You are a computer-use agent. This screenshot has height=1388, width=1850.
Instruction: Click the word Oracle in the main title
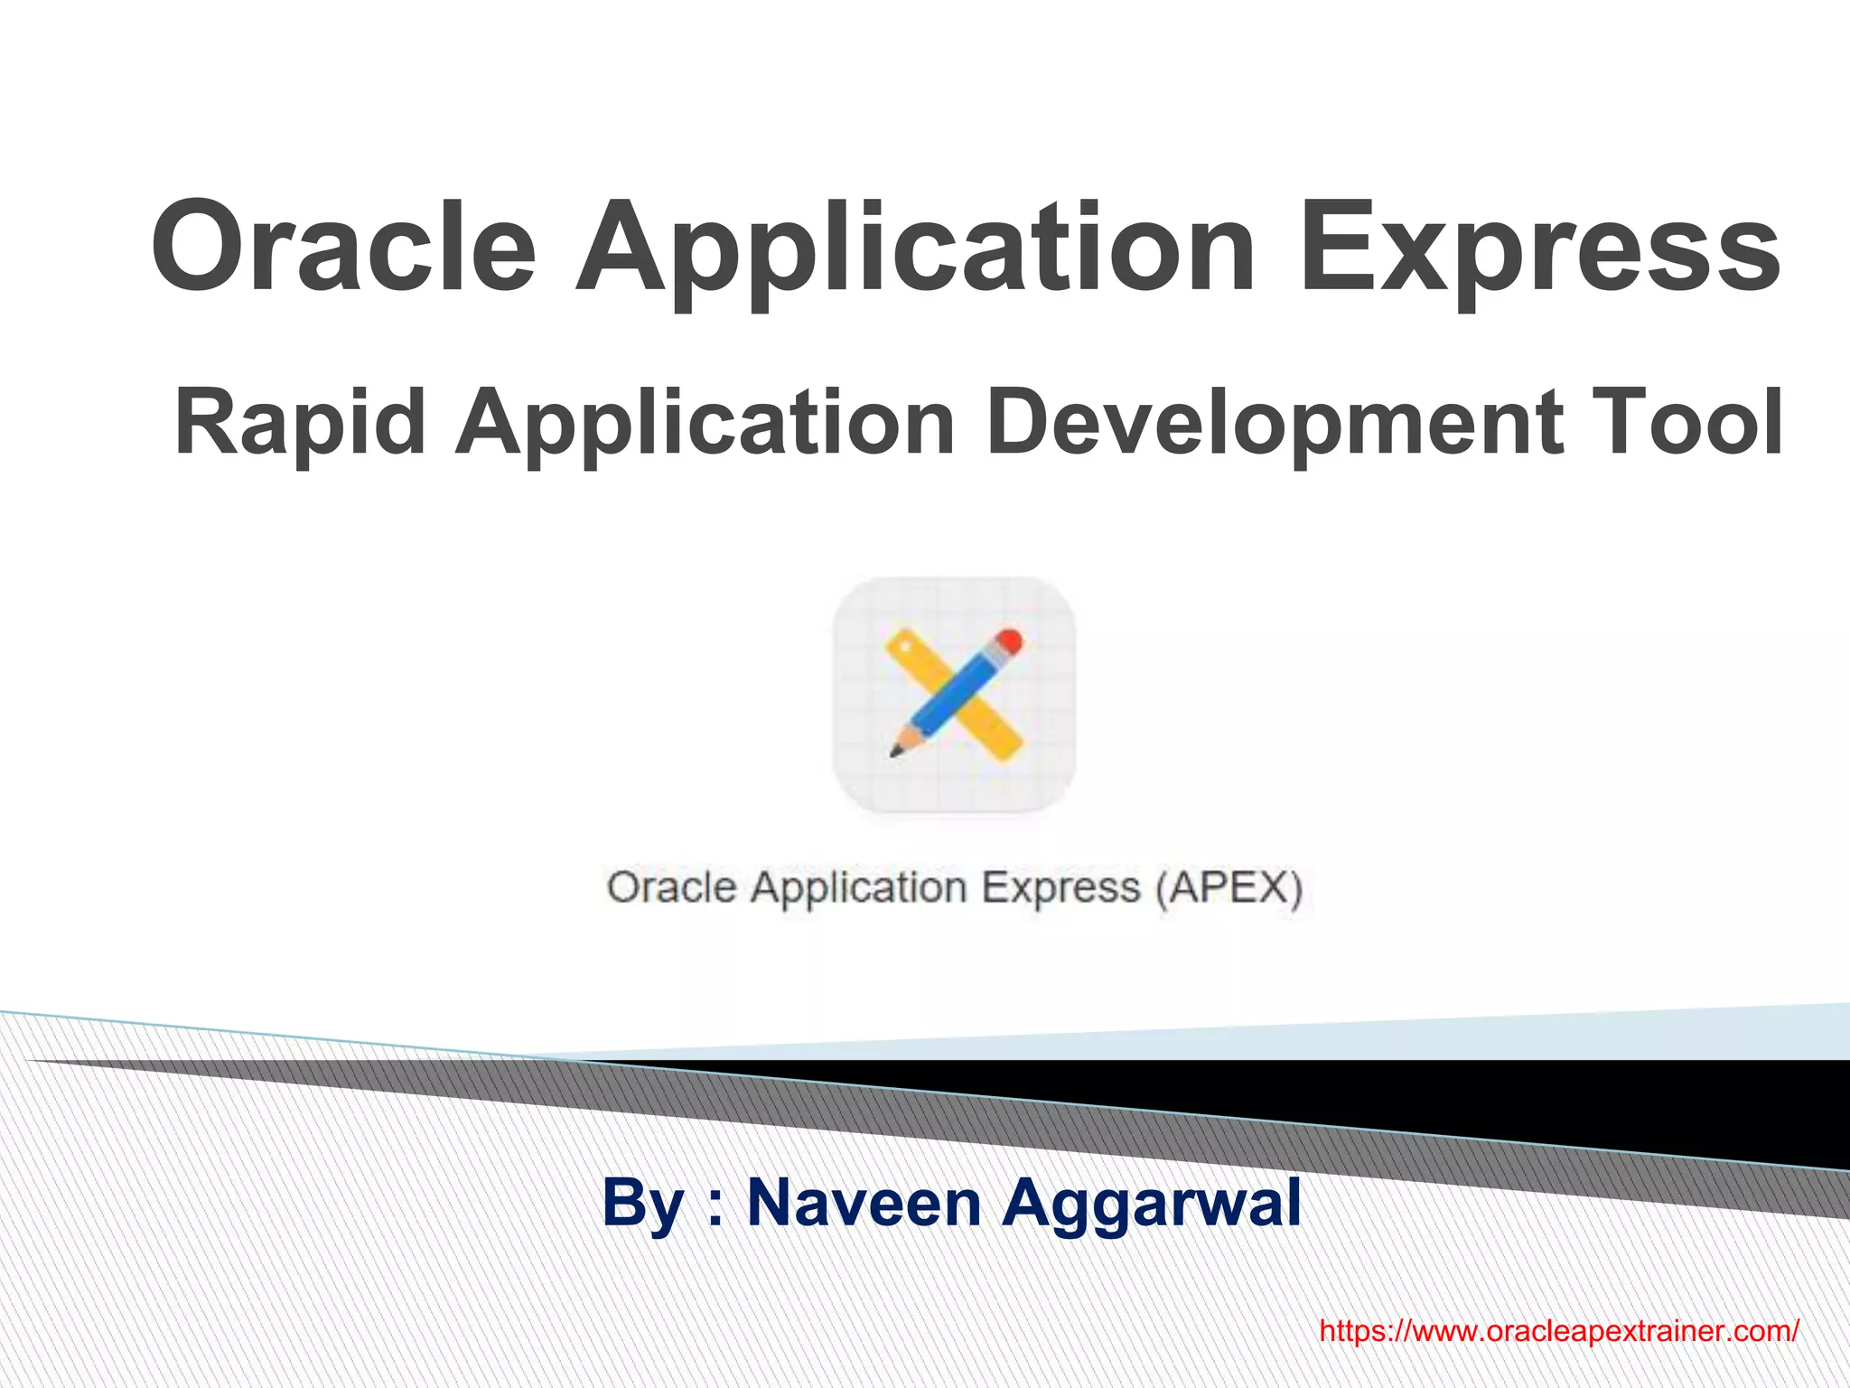click(x=343, y=246)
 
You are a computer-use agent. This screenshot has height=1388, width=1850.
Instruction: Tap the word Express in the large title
click(x=1539, y=246)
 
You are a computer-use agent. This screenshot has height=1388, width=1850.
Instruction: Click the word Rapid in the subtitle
click(x=300, y=421)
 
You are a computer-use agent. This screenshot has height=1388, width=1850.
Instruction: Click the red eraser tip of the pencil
click(x=1011, y=642)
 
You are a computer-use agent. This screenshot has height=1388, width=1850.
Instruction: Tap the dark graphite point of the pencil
click(x=895, y=751)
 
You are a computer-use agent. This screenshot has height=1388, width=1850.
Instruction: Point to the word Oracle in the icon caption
click(x=671, y=887)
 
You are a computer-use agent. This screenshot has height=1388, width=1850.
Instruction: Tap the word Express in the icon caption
click(x=1060, y=887)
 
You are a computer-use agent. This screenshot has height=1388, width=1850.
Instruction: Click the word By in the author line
click(x=641, y=1203)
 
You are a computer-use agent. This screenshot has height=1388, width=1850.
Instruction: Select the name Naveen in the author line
click(x=864, y=1203)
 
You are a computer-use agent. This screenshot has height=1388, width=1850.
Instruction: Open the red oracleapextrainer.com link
click(x=1559, y=1331)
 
